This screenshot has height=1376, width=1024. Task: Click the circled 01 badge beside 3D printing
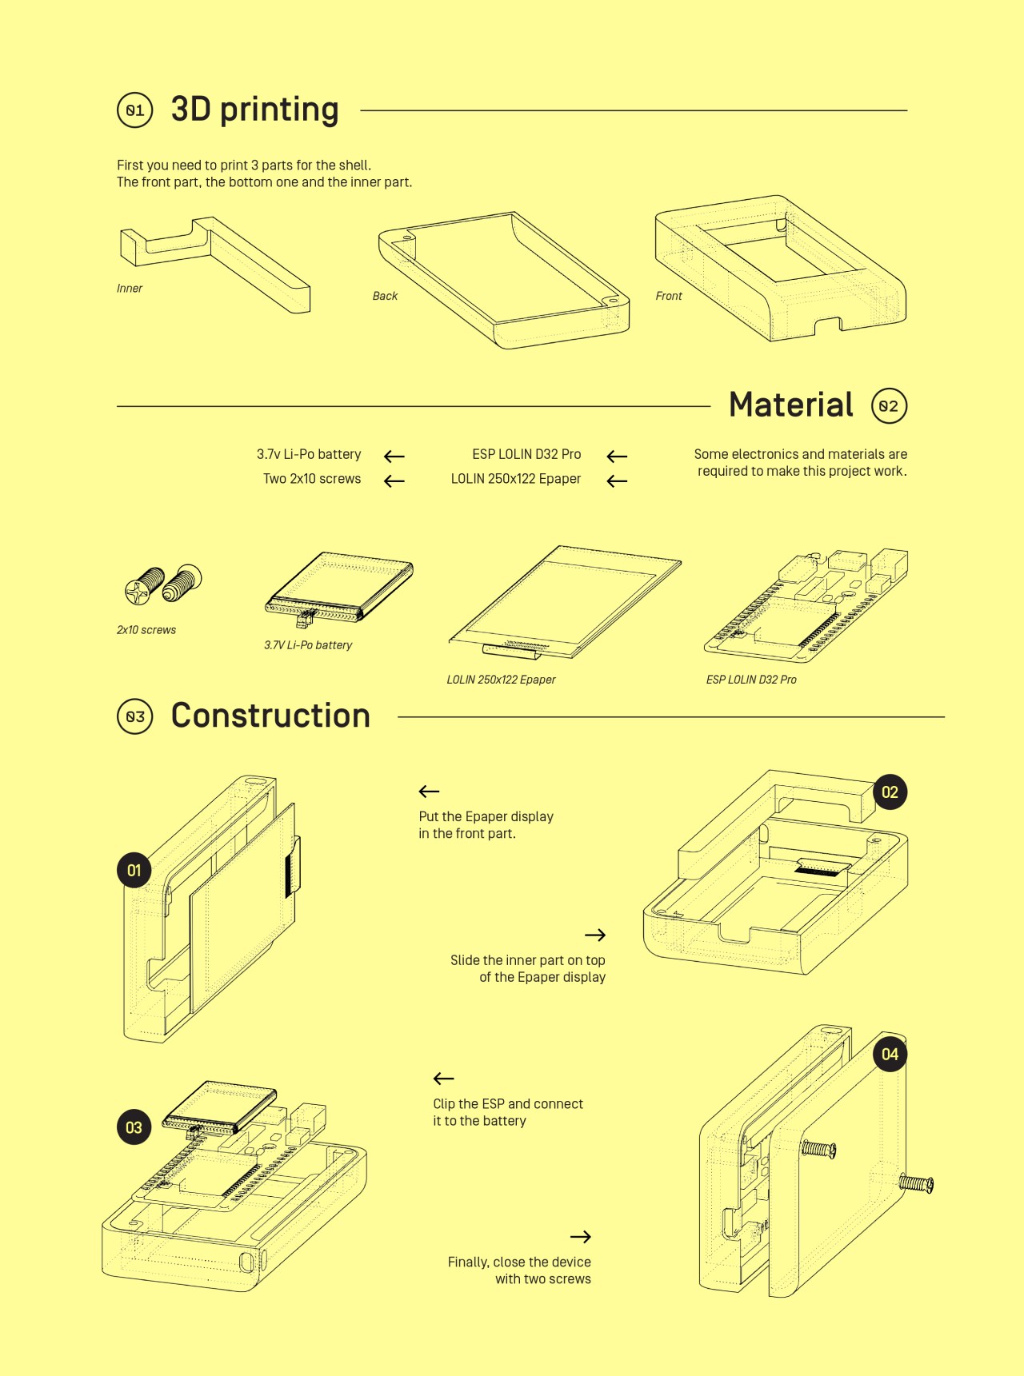click(x=134, y=110)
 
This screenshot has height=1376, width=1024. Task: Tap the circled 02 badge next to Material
click(x=889, y=405)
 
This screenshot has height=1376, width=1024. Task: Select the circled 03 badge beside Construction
click(x=134, y=716)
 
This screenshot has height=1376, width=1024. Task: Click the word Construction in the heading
click(x=270, y=716)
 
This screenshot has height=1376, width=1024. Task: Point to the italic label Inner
click(x=130, y=289)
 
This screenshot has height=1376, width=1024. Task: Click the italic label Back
click(x=385, y=296)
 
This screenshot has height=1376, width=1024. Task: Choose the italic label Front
click(x=669, y=296)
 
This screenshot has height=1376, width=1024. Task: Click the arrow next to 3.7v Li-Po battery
click(x=394, y=457)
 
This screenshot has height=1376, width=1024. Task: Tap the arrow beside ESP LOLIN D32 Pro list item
click(x=617, y=457)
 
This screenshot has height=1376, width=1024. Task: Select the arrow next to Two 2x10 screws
click(x=394, y=481)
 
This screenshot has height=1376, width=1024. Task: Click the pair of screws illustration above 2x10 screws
click(x=163, y=584)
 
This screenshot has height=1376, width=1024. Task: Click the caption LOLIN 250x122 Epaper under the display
click(x=501, y=680)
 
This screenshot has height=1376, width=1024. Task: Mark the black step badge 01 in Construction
click(x=134, y=870)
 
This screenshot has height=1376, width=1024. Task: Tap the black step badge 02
click(x=890, y=792)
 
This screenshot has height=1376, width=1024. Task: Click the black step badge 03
click(x=134, y=1127)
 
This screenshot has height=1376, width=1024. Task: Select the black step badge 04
click(x=890, y=1054)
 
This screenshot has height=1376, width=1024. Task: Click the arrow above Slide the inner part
click(x=595, y=935)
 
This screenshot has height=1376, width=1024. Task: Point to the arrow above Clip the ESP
click(x=443, y=1079)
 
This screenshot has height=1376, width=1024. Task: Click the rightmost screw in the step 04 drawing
click(x=916, y=1183)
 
